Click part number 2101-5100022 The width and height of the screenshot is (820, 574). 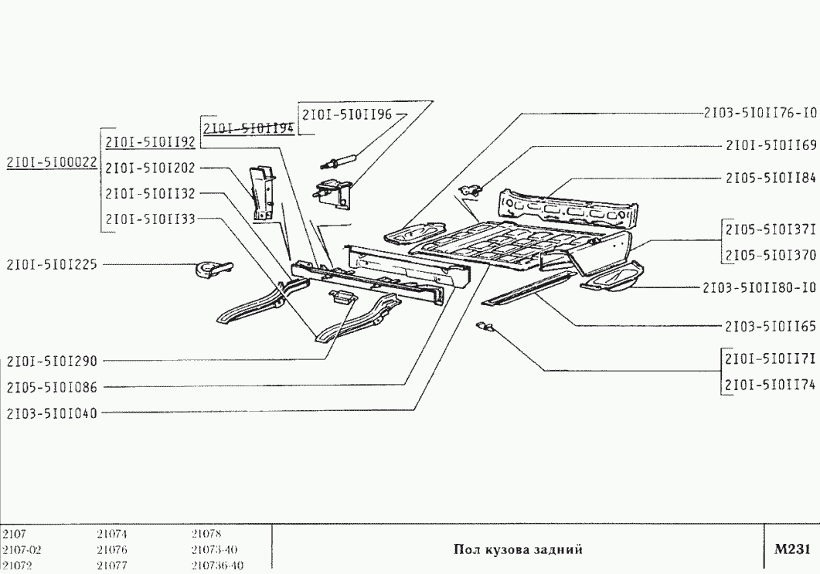(x=51, y=163)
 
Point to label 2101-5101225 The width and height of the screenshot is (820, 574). (x=52, y=264)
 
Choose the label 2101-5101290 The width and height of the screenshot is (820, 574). (x=52, y=361)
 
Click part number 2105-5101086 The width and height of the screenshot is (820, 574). (x=52, y=387)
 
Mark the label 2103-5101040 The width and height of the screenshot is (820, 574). (x=52, y=413)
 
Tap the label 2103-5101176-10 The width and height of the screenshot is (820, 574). (x=760, y=112)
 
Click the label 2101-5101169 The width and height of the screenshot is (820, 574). (x=771, y=144)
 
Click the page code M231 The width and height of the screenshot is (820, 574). (x=791, y=549)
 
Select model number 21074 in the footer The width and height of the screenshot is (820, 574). (x=112, y=534)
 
